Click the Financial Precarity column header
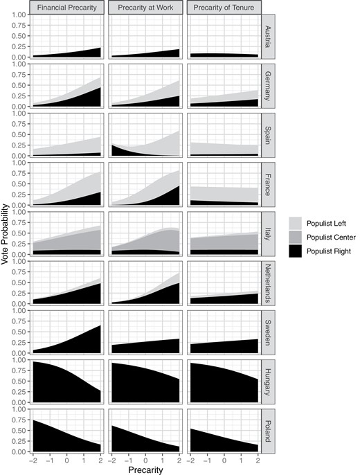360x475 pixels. tap(67, 7)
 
